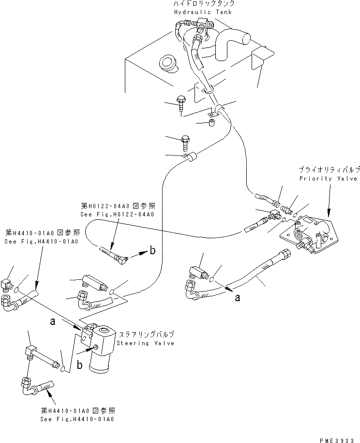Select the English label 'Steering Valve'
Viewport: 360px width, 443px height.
145,343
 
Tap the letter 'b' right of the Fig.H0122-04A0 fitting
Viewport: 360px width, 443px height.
152,251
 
